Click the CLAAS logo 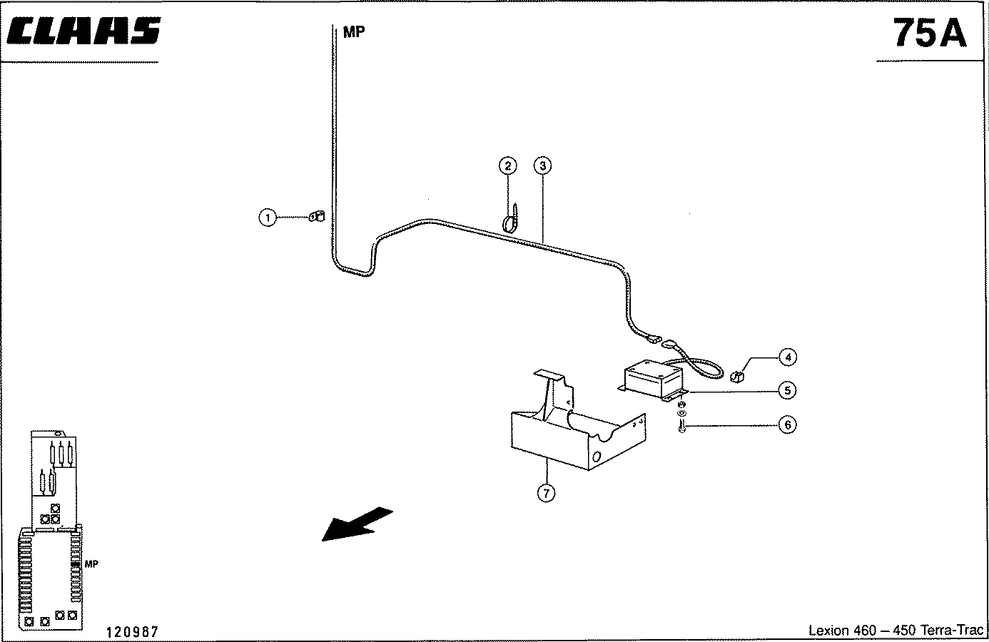[83, 31]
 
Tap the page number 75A [930, 33]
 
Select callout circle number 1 [267, 218]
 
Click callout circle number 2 [508, 166]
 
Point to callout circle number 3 [542, 165]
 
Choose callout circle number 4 [788, 357]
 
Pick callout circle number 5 [787, 390]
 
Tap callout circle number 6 [788, 425]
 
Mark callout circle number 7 [546, 493]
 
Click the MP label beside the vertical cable [354, 32]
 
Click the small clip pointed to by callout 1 [317, 217]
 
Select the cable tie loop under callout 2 [511, 219]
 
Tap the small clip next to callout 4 [737, 377]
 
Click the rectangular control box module [653, 380]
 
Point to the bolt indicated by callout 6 [682, 427]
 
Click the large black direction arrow [357, 524]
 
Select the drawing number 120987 [131, 632]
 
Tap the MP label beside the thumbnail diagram [91, 564]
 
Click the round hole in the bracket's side [596, 457]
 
